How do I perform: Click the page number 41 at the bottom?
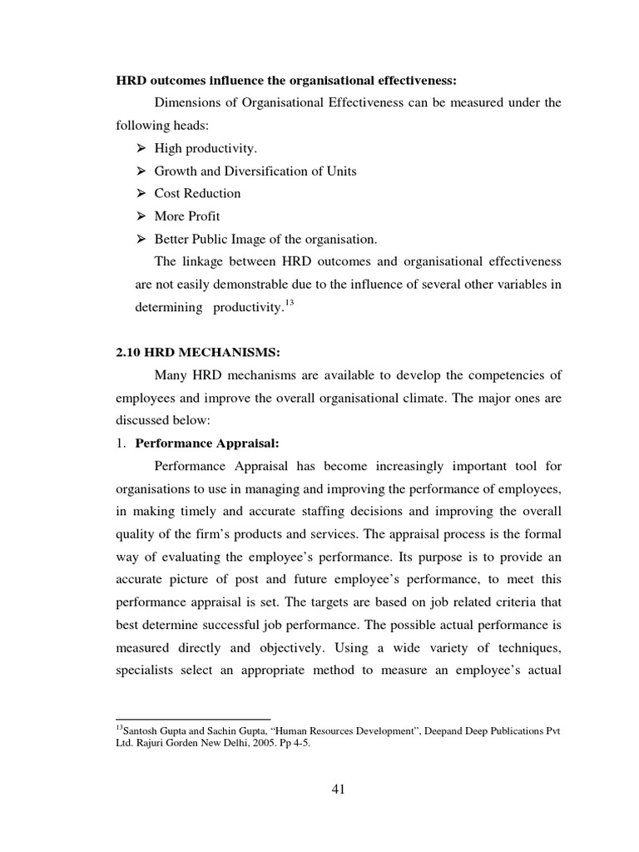[336, 790]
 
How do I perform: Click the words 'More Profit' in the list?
[187, 216]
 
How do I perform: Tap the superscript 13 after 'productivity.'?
[290, 301]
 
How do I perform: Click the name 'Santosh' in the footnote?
[141, 731]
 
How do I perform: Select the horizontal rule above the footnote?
[193, 719]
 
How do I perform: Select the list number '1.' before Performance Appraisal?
[121, 443]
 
